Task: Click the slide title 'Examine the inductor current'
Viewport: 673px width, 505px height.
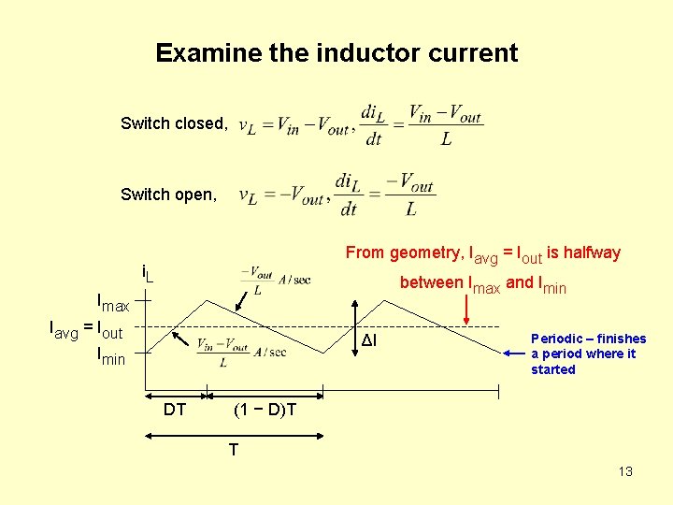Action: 336,52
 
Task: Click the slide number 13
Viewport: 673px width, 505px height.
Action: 625,471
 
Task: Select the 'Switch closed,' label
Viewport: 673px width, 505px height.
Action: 173,123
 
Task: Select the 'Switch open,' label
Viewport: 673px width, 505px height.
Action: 168,195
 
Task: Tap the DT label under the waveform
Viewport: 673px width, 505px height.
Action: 174,409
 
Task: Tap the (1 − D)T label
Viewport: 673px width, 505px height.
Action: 265,409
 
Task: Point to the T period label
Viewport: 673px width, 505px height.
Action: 234,450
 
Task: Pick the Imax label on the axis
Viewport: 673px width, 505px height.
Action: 114,303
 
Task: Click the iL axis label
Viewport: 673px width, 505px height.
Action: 147,275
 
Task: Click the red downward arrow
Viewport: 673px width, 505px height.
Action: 467,310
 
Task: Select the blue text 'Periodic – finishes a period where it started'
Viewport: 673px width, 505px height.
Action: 588,353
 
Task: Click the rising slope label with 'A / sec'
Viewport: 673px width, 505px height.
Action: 241,351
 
